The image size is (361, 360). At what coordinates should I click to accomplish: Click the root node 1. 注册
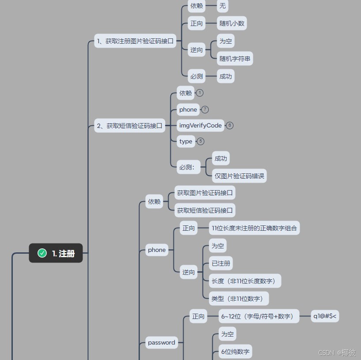[56, 253]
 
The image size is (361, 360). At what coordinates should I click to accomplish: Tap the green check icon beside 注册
[42, 253]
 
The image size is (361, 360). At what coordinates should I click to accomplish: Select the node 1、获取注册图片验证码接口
[135, 41]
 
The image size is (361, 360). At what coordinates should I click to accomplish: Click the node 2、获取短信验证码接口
[130, 126]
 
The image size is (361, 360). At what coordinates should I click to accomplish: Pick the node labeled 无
[222, 6]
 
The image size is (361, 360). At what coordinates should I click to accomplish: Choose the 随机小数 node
[232, 23]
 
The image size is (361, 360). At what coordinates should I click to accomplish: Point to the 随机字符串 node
[235, 58]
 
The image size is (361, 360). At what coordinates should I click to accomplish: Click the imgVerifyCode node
[200, 125]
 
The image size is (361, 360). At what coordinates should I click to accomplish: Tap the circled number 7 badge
[205, 109]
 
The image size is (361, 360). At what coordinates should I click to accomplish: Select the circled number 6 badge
[229, 125]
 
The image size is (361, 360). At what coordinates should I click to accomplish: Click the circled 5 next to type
[201, 141]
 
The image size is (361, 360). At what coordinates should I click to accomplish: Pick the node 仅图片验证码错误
[239, 176]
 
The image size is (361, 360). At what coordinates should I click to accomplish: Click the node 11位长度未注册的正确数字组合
[254, 228]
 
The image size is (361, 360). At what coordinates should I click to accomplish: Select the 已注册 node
[221, 263]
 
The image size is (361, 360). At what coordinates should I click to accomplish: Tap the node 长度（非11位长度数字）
[245, 281]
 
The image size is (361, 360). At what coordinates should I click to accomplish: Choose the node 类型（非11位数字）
[239, 299]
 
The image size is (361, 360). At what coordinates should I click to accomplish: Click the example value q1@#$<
[325, 316]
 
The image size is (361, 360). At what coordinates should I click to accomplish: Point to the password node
[162, 342]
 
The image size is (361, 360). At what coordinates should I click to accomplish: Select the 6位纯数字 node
[236, 352]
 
